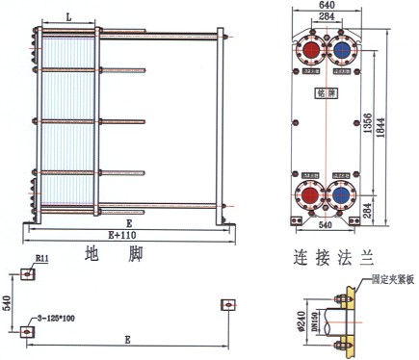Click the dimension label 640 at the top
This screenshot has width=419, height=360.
[x=327, y=6]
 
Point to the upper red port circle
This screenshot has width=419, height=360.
[x=312, y=50]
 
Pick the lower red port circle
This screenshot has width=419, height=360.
[x=312, y=193]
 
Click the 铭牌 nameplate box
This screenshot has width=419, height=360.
[x=327, y=93]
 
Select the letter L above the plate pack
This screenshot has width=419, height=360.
[x=69, y=17]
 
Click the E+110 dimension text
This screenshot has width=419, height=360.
[x=124, y=235]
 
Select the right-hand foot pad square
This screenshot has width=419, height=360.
[x=229, y=305]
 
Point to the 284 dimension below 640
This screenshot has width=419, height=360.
[x=327, y=16]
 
